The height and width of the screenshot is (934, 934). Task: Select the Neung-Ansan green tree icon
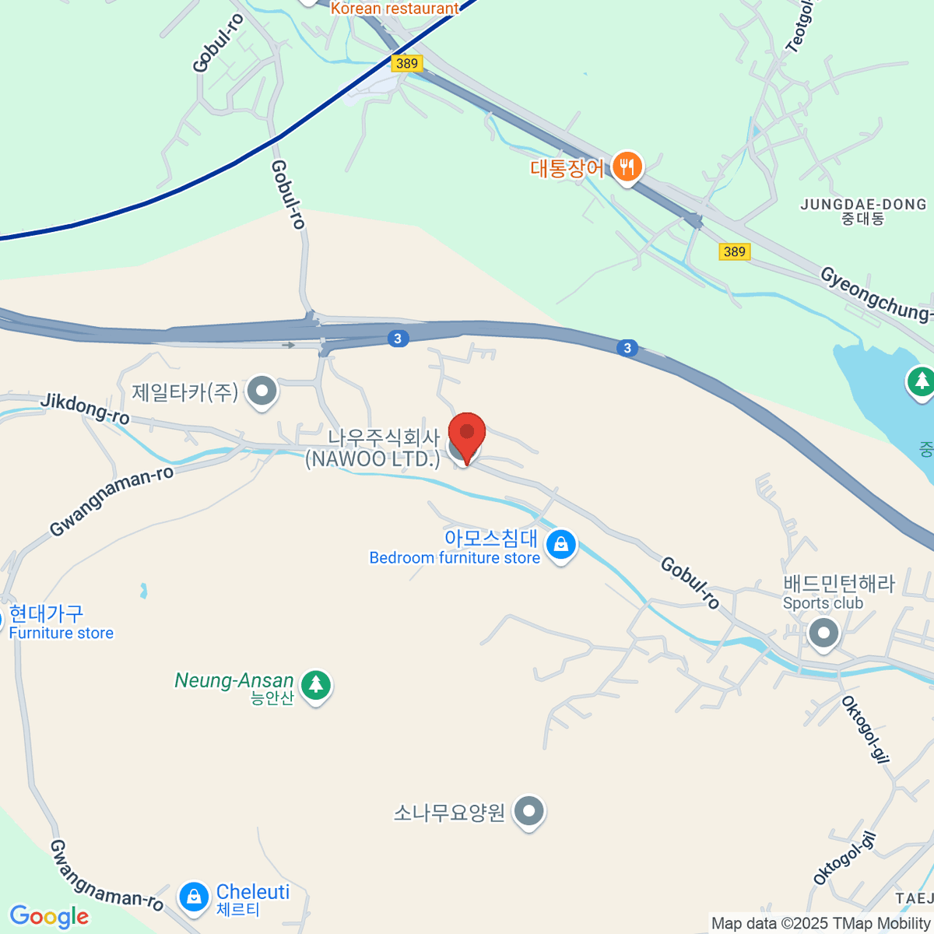click(315, 685)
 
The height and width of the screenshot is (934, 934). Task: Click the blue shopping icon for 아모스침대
click(560, 545)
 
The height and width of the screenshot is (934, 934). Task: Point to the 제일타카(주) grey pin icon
click(262, 391)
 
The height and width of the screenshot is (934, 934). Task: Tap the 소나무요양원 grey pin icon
click(529, 811)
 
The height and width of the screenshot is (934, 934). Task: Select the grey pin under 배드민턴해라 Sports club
click(823, 633)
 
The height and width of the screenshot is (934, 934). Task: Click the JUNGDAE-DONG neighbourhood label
click(863, 211)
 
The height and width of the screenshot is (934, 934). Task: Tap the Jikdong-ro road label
click(85, 409)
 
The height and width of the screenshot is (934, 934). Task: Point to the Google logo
click(49, 917)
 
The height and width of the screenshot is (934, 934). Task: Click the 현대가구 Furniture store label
click(61, 623)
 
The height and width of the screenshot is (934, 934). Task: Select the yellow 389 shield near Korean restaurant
click(406, 63)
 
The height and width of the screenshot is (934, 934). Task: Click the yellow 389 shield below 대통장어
click(734, 251)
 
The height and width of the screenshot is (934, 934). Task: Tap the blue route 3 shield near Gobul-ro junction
click(398, 339)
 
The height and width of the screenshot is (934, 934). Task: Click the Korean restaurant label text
click(395, 9)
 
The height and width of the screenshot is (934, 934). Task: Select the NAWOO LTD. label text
click(373, 458)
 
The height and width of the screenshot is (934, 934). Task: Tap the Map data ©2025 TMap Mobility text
click(820, 923)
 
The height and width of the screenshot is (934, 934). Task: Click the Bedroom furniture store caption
click(455, 558)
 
